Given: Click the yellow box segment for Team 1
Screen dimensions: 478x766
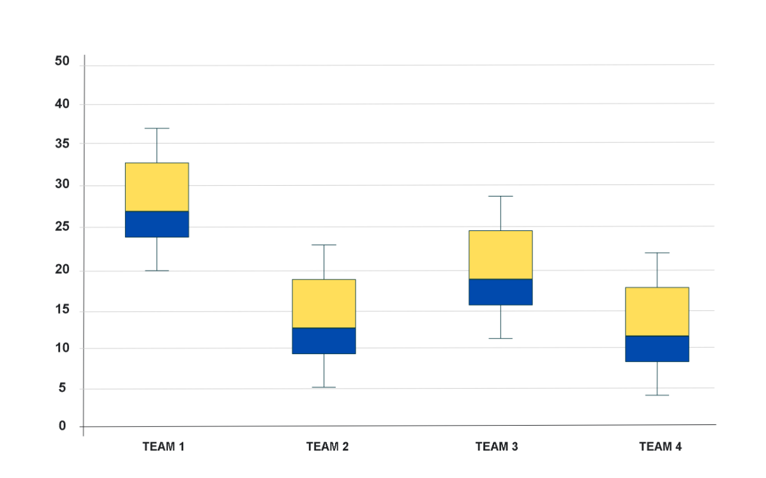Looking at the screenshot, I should (156, 186).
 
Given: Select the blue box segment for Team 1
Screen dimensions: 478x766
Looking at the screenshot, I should (156, 224).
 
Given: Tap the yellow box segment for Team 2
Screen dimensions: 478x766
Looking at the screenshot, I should (324, 303).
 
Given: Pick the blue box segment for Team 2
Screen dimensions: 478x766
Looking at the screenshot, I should (324, 340).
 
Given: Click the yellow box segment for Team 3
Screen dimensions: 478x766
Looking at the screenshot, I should (500, 255).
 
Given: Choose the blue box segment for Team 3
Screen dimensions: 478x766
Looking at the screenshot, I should (500, 292).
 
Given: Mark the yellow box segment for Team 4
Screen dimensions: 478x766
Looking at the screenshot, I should (657, 311).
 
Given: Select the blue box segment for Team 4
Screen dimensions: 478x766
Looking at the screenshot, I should (657, 348).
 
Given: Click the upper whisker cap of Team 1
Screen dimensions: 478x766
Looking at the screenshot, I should (156, 128).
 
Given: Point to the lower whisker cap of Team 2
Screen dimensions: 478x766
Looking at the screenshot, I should (324, 387).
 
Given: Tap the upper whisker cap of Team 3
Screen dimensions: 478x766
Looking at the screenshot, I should (500, 197).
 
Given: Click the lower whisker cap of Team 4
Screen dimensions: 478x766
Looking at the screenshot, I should (657, 396).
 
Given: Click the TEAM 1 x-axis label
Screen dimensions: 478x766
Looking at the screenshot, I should (163, 447).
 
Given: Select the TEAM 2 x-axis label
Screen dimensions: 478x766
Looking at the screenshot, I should (327, 447).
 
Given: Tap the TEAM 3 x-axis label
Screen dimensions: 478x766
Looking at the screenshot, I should (497, 447).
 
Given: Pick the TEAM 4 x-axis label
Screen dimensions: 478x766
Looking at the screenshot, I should (660, 447).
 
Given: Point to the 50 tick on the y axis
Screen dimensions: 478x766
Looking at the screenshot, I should (62, 61).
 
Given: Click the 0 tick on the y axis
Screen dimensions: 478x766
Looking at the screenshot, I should (63, 426).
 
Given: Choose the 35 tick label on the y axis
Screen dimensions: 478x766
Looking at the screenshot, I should (62, 144).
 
